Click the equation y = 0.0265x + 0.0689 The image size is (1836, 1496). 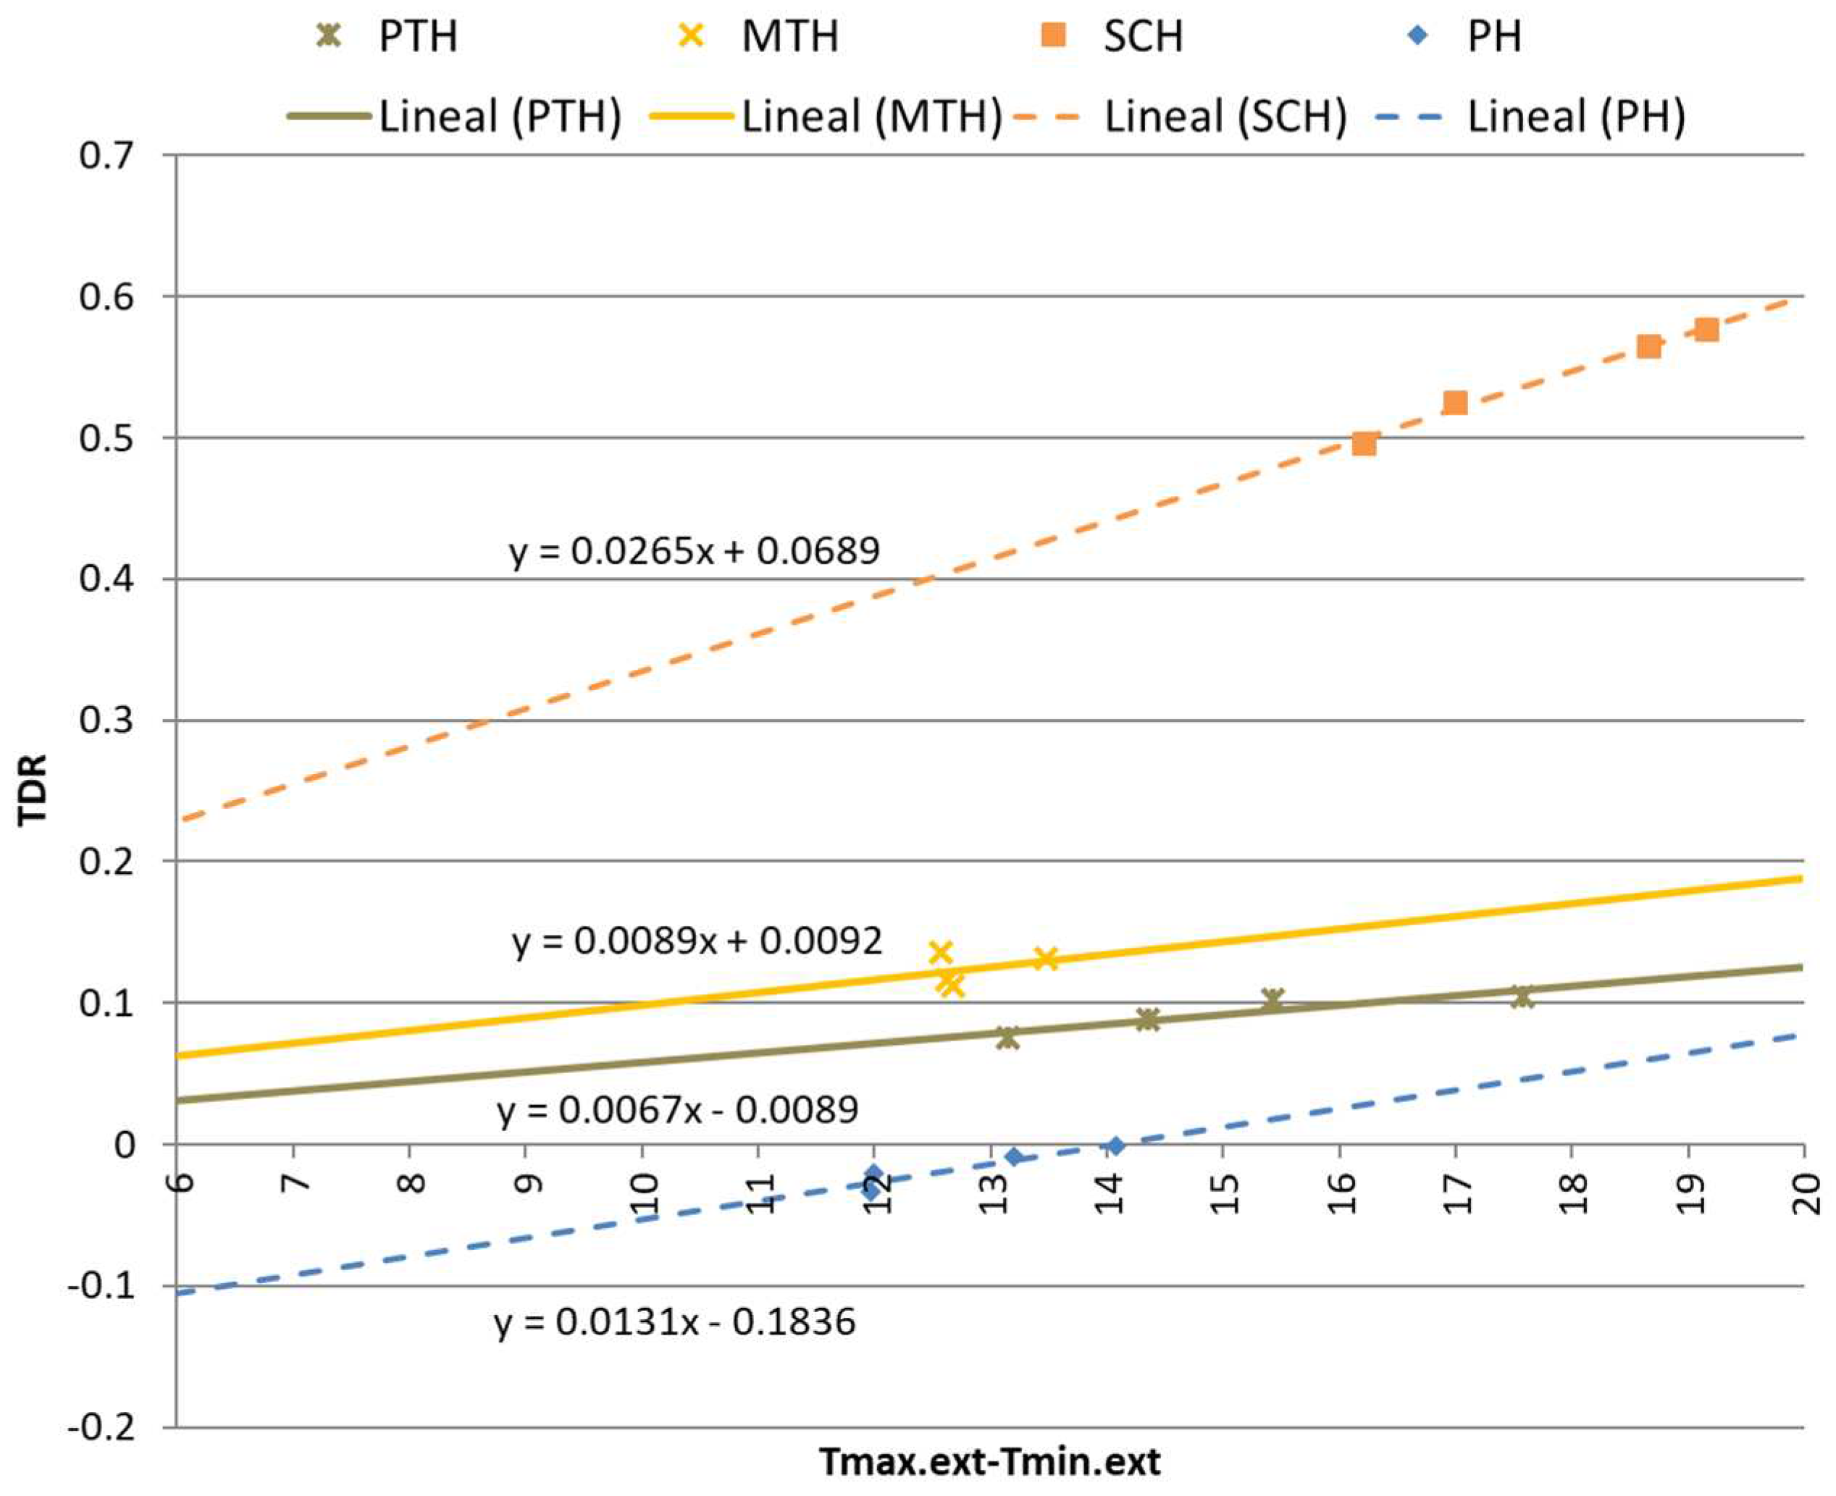coord(695,550)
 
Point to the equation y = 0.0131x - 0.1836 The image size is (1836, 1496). coord(675,1321)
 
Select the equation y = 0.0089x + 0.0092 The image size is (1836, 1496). coord(697,941)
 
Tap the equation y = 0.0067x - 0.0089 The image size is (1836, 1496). coord(677,1109)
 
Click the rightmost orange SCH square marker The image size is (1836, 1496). coord(1706,330)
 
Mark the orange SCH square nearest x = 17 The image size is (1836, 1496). coord(1455,403)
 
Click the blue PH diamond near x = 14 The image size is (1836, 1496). coord(1115,1146)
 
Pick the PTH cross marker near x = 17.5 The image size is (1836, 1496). coord(1522,996)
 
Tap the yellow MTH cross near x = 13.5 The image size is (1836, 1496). coord(1044,958)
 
